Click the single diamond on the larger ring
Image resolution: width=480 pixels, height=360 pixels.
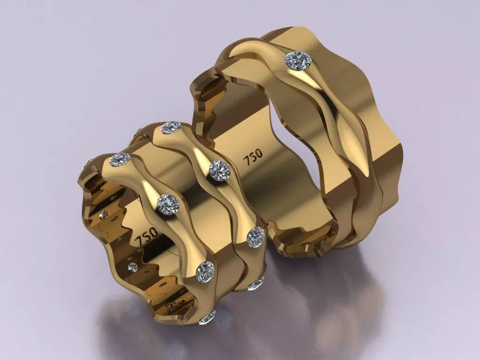click(299, 61)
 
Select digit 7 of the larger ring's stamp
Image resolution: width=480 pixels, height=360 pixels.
click(247, 160)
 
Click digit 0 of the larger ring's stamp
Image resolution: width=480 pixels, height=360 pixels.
click(260, 152)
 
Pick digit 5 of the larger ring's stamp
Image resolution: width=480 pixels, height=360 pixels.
click(254, 156)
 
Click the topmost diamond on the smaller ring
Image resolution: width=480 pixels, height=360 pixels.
click(171, 127)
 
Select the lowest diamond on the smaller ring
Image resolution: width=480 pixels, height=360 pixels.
click(207, 318)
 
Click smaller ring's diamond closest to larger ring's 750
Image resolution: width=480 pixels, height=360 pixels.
click(219, 170)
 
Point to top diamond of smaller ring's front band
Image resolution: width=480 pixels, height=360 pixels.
click(120, 159)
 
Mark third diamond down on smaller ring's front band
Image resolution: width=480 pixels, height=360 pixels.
click(205, 271)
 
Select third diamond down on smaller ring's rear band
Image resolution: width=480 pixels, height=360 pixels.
click(256, 237)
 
